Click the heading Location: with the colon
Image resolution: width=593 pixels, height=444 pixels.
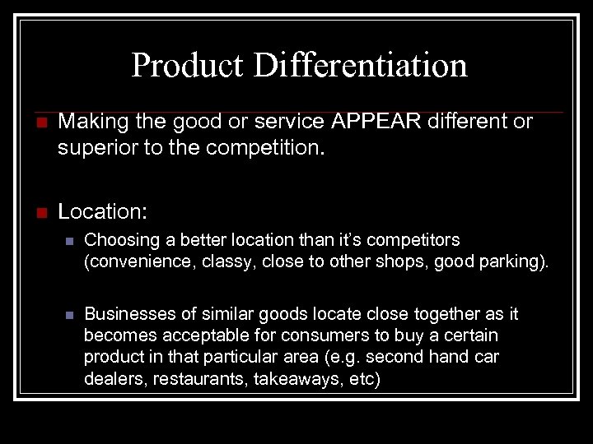point(103,211)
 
